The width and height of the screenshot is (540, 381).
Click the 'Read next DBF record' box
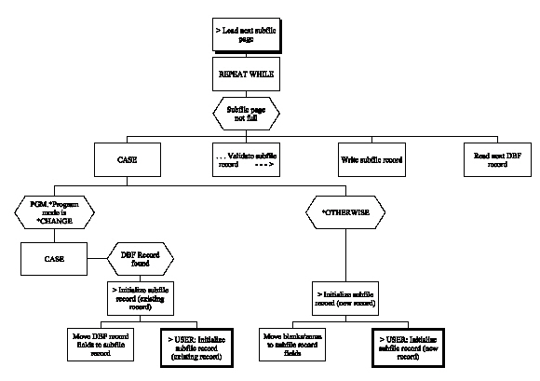point(493,159)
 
